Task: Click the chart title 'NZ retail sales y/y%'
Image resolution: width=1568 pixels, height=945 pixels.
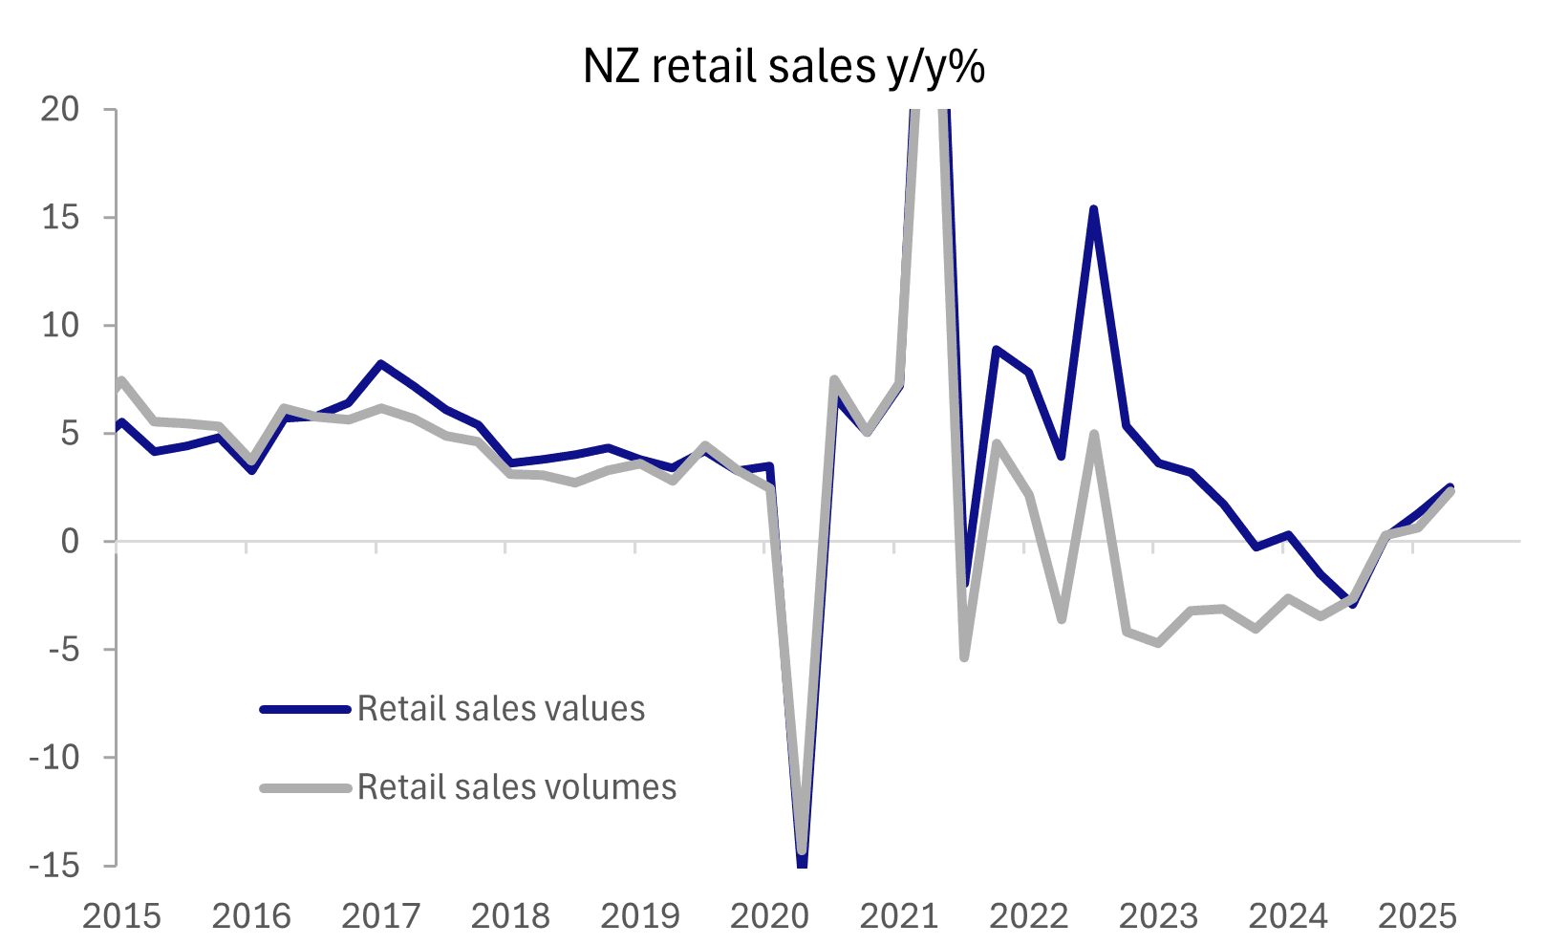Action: (x=784, y=67)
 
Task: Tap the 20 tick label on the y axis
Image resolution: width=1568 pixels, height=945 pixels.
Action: (x=59, y=109)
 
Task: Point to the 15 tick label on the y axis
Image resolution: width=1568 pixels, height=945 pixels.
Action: (x=59, y=217)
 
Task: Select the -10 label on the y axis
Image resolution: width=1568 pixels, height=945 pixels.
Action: (x=54, y=758)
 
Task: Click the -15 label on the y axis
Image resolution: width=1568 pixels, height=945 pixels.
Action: (x=54, y=866)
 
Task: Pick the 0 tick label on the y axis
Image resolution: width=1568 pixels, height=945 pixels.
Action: (x=69, y=542)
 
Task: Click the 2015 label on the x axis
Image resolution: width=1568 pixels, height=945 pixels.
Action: (x=121, y=916)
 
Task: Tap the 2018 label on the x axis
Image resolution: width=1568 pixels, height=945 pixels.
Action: (x=510, y=916)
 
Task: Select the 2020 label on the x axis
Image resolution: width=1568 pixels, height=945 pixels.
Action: (x=769, y=916)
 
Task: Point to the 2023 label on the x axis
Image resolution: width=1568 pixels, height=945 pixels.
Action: (x=1158, y=916)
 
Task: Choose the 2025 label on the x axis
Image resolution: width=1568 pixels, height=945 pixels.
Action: (x=1417, y=916)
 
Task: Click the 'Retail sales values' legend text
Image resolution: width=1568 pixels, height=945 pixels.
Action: (x=501, y=709)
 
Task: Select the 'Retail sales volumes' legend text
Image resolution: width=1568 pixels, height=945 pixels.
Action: (x=517, y=787)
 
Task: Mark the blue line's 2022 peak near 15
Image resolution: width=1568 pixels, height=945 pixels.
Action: (x=1093, y=209)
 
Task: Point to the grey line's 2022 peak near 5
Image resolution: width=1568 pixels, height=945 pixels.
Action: (x=1093, y=435)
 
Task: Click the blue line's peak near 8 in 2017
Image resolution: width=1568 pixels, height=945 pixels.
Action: (x=380, y=363)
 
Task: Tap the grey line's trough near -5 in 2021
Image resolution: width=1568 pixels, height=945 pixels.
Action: (x=964, y=657)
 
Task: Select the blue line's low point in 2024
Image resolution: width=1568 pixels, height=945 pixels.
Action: (x=1352, y=604)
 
